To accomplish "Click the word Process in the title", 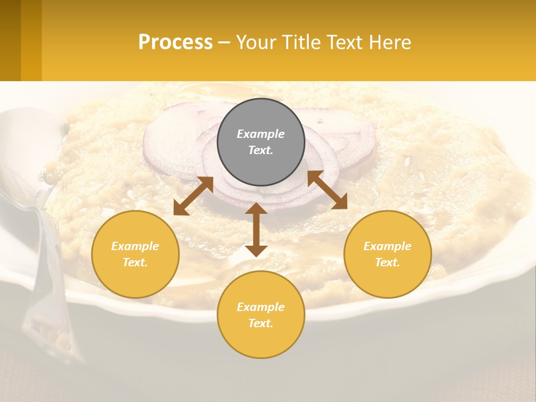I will click(175, 42).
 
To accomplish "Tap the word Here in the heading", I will click(390, 42).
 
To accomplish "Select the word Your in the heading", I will click(256, 42).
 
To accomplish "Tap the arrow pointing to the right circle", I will click(327, 190).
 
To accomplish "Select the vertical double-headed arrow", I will click(256, 229).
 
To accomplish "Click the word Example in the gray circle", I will click(261, 134).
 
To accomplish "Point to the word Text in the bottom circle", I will click(261, 323).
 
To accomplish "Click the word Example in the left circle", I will click(135, 246).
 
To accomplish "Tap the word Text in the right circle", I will click(387, 262).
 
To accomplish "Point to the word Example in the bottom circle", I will click(261, 307).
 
